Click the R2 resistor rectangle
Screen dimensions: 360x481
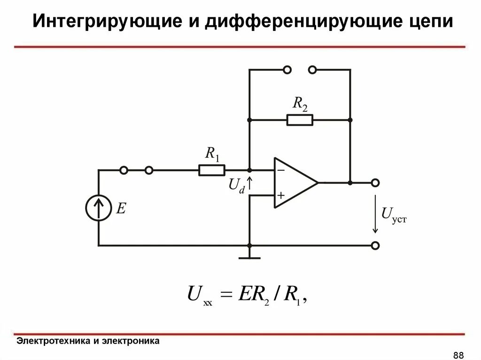(300, 120)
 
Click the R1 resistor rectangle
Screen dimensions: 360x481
(212, 170)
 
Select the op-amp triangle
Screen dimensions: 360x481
(294, 183)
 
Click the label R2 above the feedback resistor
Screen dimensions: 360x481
(300, 104)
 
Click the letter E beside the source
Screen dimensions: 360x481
(121, 208)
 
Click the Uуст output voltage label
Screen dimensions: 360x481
(393, 214)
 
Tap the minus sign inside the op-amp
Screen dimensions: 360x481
(280, 171)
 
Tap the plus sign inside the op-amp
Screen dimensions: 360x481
(280, 195)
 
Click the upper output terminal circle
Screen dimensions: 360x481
(375, 183)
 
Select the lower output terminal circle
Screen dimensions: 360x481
(375, 245)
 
